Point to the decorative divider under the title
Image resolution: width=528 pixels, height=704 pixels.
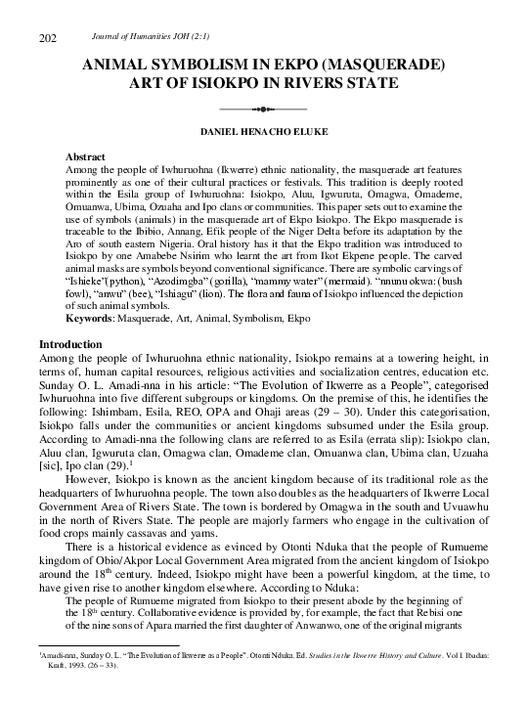tap(264, 108)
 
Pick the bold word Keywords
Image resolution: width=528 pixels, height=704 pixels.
tap(89, 319)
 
